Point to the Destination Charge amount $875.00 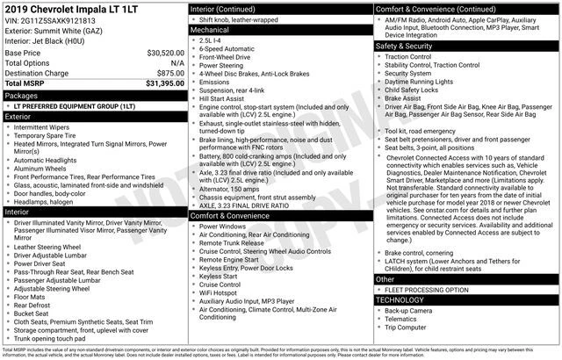[170, 73]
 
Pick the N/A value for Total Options [177, 63]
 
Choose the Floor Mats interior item [33, 297]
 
